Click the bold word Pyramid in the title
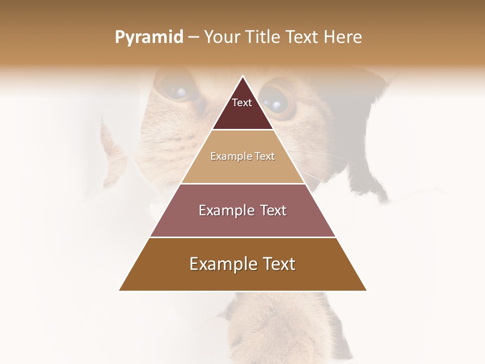pos(149,37)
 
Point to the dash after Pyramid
pos(193,37)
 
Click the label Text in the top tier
pos(242,103)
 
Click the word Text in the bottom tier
pos(277,264)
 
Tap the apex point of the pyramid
pos(243,77)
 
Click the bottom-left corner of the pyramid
pos(120,290)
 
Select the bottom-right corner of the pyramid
pos(366,290)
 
